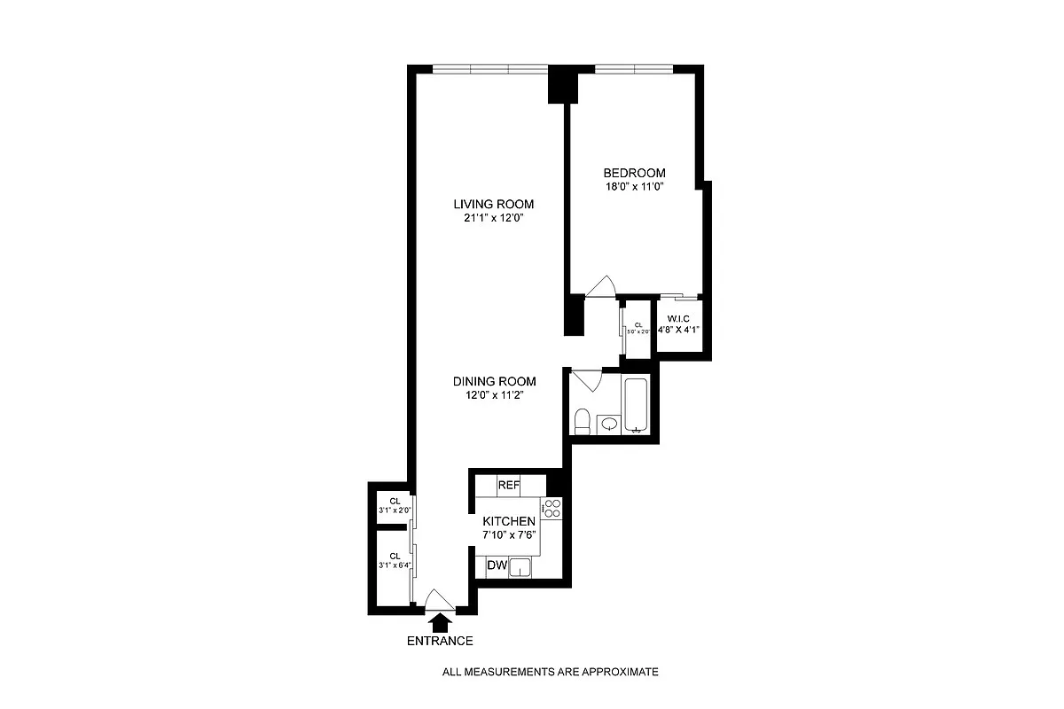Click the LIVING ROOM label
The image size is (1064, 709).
coord(494,204)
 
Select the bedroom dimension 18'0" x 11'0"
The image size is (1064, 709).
coord(634,187)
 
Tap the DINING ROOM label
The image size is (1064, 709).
coord(494,381)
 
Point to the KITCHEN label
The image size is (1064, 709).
coord(508,522)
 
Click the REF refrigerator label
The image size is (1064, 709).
coord(508,486)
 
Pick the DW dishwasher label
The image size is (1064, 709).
coord(497,565)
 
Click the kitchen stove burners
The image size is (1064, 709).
coord(552,508)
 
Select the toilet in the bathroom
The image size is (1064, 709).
coord(583,421)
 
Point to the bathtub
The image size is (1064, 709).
coord(638,405)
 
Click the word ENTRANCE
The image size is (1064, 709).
coord(440,641)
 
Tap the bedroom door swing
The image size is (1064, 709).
coord(601,286)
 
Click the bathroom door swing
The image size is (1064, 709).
coord(585,379)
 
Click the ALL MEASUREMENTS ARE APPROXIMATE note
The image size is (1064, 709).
coord(550,672)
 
